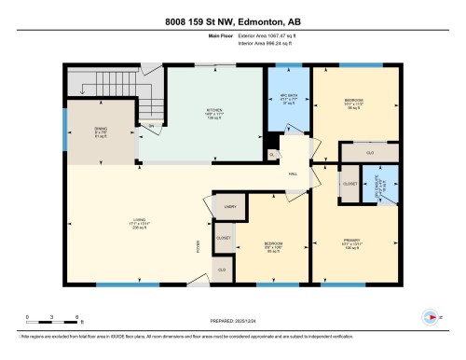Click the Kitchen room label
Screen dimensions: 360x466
tap(213, 113)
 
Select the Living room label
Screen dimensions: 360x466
tap(138, 225)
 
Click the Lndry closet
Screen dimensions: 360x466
tap(230, 207)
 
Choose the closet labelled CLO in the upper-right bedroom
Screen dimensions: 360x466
tap(370, 151)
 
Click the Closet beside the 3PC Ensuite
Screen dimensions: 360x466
tap(349, 184)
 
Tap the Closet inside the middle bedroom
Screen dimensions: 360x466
tap(224, 238)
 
